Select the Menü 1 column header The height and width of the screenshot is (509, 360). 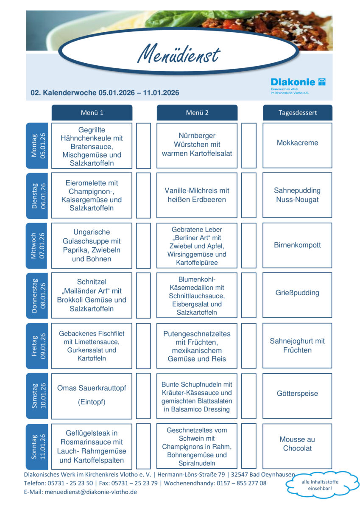click(92, 113)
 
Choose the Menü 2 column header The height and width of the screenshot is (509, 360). click(197, 113)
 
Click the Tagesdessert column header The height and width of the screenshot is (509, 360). click(297, 113)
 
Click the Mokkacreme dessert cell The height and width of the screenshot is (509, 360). click(297, 143)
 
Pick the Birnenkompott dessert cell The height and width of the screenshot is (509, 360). click(297, 245)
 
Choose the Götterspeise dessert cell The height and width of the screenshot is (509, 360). click(297, 394)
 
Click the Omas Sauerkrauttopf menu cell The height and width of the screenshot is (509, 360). click(92, 394)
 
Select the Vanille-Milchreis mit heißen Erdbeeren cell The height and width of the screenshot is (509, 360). click(197, 195)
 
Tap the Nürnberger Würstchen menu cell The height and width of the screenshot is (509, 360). click(197, 145)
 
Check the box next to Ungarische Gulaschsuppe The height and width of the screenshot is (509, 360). click(143, 245)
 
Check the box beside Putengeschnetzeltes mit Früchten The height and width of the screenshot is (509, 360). click(249, 346)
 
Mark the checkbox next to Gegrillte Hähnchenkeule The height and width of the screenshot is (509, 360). click(143, 145)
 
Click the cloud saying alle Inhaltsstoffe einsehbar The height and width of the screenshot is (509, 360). click(317, 484)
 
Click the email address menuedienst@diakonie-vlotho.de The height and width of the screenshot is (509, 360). click(100, 492)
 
